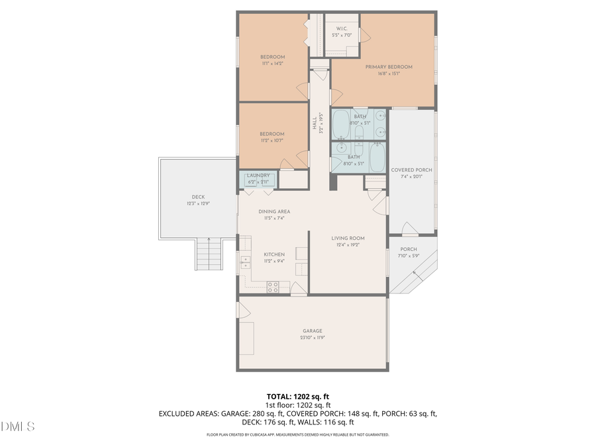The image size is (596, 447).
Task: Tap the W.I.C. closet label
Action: coord(342,28)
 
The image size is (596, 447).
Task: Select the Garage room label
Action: coord(313,330)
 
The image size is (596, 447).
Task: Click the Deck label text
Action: coord(199,197)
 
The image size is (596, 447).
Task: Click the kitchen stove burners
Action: coord(273,286)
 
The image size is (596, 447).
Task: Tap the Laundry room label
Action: coord(258,175)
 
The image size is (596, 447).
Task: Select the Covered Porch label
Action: coord(411,170)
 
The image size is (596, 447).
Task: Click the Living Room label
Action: coord(348,238)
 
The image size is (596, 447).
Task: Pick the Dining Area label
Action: coord(274,212)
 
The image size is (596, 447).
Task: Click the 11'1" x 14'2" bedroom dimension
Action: coord(272,64)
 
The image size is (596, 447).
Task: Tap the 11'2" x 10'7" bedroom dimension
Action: coord(272,140)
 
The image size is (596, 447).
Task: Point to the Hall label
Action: coord(315,123)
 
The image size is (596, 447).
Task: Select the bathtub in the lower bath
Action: coord(377,157)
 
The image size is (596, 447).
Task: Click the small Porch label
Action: coord(409,250)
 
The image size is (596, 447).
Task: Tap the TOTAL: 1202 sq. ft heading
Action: coord(298,396)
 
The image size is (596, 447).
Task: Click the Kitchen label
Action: coord(274,254)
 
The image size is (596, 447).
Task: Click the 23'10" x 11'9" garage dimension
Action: coord(313,337)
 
